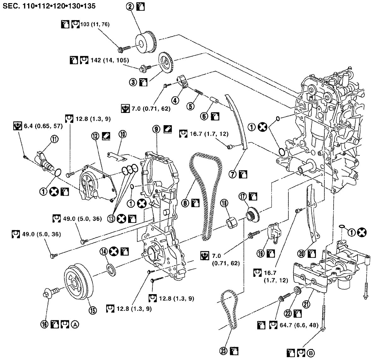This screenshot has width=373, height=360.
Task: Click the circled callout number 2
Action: click(130, 6)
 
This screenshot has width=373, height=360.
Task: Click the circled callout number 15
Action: click(92, 310)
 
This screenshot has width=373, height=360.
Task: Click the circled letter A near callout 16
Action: click(75, 324)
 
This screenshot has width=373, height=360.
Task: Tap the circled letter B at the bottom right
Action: click(311, 353)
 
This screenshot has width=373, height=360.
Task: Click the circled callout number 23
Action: click(224, 351)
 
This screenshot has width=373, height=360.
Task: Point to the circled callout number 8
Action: click(185, 203)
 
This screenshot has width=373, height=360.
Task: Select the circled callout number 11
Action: click(55, 139)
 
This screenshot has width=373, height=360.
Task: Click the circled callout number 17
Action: click(243, 196)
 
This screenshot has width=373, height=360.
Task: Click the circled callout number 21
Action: click(306, 304)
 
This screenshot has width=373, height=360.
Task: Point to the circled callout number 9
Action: click(156, 129)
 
